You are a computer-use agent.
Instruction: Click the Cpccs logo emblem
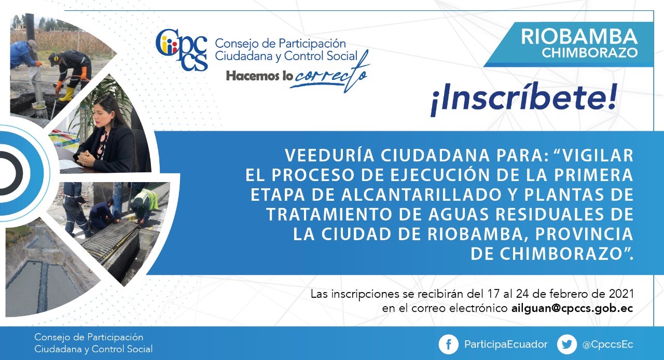[182, 50]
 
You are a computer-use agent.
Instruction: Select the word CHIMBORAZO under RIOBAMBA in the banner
[590, 53]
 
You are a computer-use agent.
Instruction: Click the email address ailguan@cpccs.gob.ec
[572, 309]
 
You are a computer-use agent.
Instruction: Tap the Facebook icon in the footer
[449, 344]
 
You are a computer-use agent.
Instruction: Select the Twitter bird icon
[567, 344]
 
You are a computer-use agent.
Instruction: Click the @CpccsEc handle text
[607, 345]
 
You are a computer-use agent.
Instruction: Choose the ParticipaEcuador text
[506, 344]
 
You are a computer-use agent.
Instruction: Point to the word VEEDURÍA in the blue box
[329, 155]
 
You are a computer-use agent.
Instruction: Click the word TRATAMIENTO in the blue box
[329, 214]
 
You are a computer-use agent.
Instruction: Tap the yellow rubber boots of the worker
[67, 93]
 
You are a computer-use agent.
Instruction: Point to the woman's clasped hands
[86, 158]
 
